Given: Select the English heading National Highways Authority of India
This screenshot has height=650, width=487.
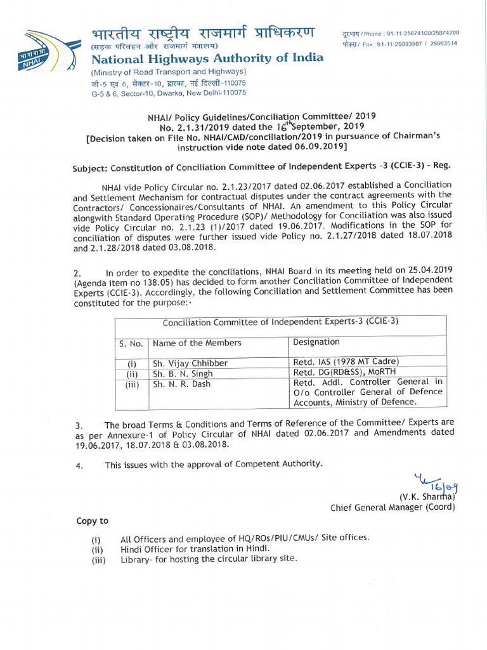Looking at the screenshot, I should coord(207,58).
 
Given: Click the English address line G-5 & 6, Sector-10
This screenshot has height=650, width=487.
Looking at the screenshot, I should coord(168,93).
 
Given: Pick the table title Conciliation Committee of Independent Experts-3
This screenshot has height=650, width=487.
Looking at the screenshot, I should coord(280,321).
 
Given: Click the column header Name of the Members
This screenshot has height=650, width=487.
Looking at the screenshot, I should coord(197,343).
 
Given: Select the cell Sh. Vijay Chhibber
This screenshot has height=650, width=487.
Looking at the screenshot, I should coord(190,364).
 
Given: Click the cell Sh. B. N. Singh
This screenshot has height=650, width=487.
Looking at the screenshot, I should coord(183,374).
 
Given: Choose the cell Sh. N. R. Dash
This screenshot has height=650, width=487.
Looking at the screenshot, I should coord(181,384).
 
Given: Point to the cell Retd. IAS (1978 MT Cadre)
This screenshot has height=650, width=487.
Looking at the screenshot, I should coord(346,362).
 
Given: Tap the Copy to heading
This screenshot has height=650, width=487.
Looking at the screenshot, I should coord(92,521).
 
